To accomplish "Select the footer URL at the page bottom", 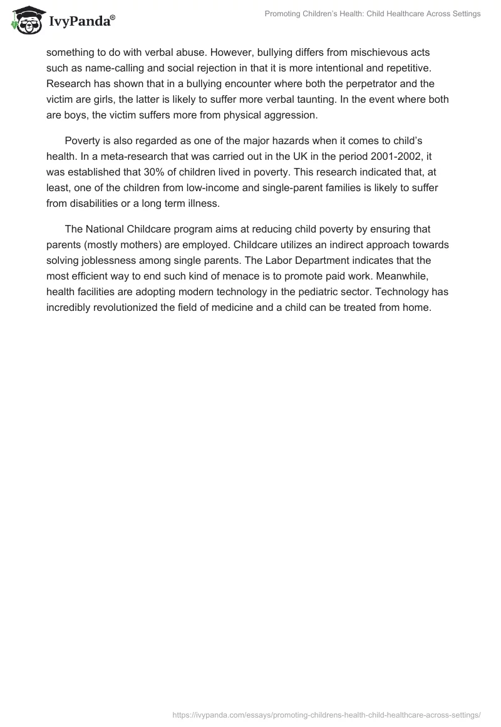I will (327, 714).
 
